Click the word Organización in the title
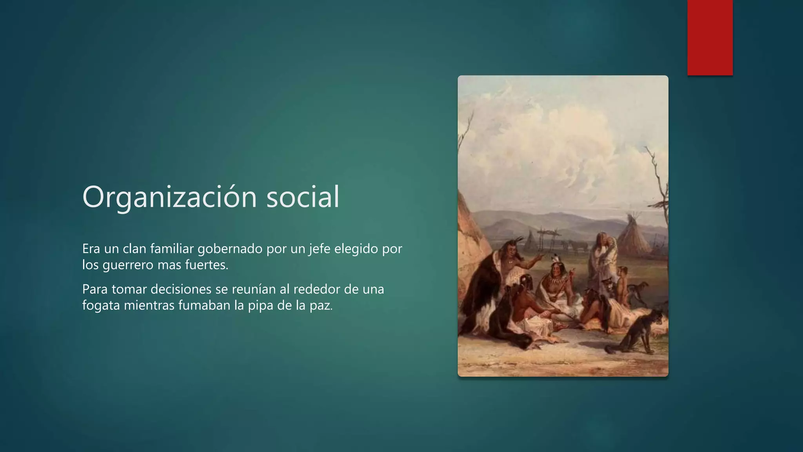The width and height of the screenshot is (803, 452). tap(169, 197)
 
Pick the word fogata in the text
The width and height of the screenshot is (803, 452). tap(101, 305)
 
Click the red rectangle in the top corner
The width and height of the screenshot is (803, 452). tap(710, 37)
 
